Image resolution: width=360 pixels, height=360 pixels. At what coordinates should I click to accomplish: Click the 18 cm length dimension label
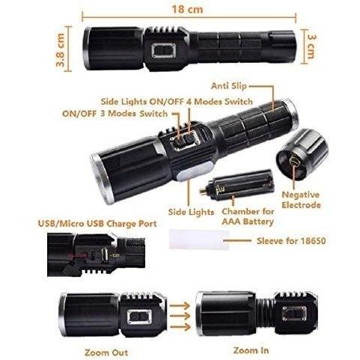(x=187, y=10)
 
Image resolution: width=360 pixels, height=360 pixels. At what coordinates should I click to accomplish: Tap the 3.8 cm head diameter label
(x=61, y=50)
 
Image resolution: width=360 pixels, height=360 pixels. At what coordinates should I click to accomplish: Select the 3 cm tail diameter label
(x=311, y=46)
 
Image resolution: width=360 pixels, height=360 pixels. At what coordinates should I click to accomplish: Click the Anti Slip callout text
(x=229, y=86)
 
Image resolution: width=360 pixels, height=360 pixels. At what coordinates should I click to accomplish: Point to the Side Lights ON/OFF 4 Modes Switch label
(x=177, y=102)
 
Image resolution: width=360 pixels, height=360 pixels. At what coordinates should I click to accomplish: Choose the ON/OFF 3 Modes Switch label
(x=115, y=114)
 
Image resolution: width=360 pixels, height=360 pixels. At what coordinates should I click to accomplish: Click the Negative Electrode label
(x=301, y=200)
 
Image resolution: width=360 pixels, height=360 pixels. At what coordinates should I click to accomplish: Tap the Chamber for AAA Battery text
(x=248, y=216)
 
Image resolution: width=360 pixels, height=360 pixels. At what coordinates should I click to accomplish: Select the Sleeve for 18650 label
(x=291, y=241)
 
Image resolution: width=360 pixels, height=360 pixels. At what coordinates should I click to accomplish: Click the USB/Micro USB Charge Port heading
(x=97, y=224)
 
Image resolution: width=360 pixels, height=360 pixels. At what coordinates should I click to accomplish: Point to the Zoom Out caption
(x=106, y=353)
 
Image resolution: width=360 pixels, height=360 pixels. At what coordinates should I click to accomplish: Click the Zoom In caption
(x=251, y=350)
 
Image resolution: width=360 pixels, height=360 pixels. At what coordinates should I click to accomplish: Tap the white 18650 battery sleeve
(x=199, y=240)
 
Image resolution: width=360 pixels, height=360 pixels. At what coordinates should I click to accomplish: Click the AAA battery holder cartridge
(x=237, y=185)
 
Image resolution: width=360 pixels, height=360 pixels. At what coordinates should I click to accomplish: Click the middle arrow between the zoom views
(x=180, y=316)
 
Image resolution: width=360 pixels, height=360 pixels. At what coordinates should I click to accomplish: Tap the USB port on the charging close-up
(x=105, y=255)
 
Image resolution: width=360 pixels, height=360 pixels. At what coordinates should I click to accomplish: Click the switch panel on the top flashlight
(x=164, y=50)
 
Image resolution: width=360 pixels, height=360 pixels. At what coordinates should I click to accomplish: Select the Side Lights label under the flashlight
(x=191, y=212)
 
